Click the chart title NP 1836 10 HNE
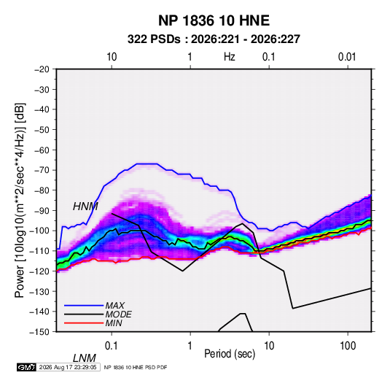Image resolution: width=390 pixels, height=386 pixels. (214, 20)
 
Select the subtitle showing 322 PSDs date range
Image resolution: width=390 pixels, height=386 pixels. (214, 39)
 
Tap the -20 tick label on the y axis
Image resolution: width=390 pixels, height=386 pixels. (42, 69)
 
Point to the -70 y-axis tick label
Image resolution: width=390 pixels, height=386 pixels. (42, 170)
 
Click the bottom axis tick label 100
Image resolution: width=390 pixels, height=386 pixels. (348, 346)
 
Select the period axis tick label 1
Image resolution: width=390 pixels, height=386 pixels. (190, 346)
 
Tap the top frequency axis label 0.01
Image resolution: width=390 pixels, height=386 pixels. (347, 57)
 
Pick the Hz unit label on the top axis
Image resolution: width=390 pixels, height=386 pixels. (230, 57)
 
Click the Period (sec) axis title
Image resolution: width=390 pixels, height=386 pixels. (230, 354)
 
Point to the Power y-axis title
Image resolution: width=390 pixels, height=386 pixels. (20, 200)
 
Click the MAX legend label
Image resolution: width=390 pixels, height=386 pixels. (114, 306)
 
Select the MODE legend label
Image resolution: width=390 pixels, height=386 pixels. (118, 314)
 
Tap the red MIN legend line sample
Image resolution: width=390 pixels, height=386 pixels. (84, 323)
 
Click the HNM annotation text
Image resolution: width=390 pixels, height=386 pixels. (85, 206)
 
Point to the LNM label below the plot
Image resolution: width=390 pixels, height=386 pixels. (85, 358)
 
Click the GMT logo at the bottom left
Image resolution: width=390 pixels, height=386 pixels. (27, 367)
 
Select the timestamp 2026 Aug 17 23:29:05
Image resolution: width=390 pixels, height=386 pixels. (68, 367)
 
